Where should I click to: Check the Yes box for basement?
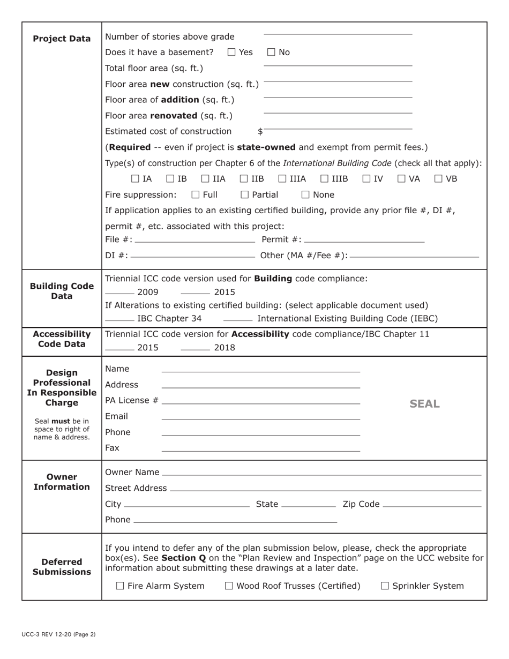coord(231,53)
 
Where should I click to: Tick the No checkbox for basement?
coord(271,53)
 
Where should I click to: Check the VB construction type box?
coord(438,179)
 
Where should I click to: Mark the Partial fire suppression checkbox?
coord(245,194)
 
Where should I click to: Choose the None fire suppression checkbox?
coord(305,194)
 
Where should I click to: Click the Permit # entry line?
coord(364,241)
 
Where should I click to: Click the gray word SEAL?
coord(424,404)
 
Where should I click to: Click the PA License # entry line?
coord(261,402)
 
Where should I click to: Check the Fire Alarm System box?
coord(120,586)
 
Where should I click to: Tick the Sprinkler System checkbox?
coord(385,586)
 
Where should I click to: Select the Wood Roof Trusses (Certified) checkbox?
coord(229,586)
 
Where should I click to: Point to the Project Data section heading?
coord(62,39)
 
